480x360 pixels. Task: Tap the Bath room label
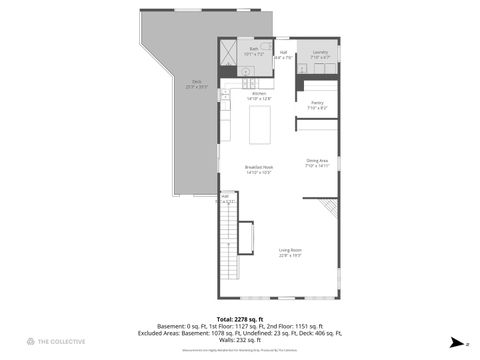(254, 50)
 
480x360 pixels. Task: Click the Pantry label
(317, 104)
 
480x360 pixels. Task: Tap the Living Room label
(290, 253)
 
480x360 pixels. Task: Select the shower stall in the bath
(230, 51)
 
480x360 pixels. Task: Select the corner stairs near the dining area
(330, 208)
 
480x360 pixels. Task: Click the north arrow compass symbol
(455, 341)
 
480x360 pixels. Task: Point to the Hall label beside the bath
(283, 54)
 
